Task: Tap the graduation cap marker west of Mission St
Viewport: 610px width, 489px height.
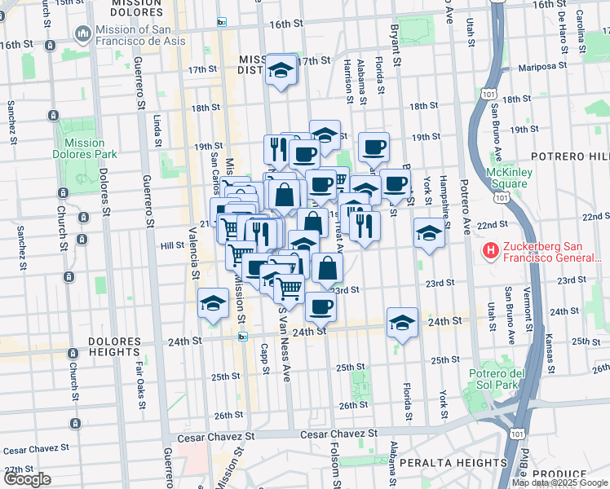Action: [x=213, y=304]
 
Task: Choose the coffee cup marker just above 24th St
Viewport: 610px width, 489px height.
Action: [x=320, y=306]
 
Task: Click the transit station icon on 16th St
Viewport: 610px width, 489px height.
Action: [x=221, y=23]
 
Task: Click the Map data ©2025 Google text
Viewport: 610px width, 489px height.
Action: [x=559, y=482]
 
